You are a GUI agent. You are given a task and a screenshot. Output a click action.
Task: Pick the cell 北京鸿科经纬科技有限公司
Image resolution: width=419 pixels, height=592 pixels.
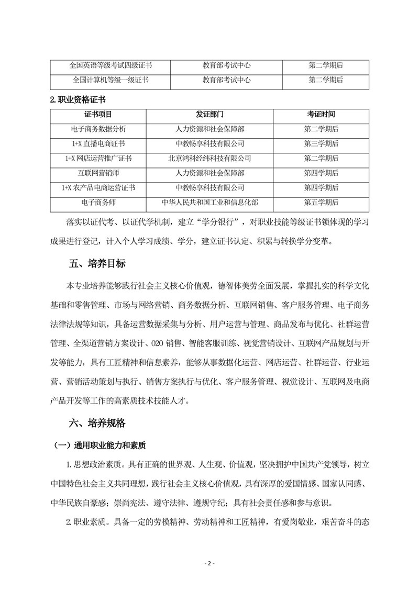click(210, 158)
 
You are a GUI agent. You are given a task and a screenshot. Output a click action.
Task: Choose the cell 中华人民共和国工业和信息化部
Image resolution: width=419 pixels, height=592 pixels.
click(210, 202)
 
